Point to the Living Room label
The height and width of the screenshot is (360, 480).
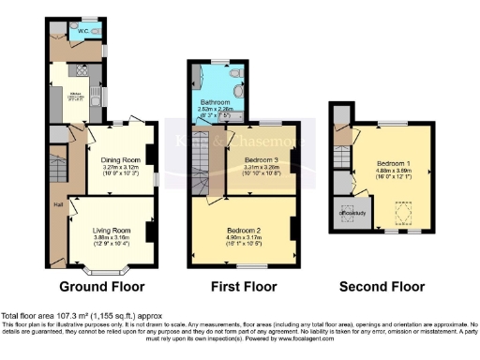(x=112, y=230)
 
